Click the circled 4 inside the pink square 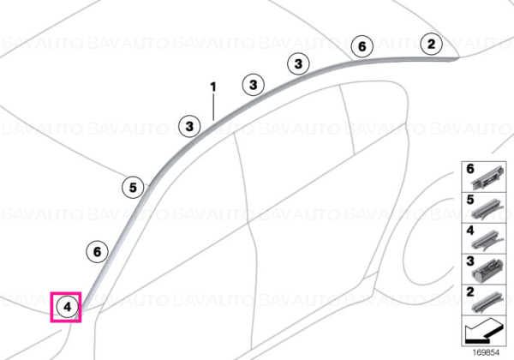point(67,307)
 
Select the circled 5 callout point(133,187)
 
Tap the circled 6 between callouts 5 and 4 point(97,252)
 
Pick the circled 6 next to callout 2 point(362,46)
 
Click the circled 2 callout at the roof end point(432,44)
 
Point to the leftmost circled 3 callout point(189,126)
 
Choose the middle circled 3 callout point(253,85)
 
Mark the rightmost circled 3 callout point(298,63)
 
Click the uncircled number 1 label point(213,87)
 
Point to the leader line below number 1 point(213,107)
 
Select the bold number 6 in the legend point(470,169)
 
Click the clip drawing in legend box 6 point(487,178)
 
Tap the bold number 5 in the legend point(470,200)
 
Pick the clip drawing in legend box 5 point(487,210)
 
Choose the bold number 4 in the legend point(470,231)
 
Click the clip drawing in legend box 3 point(488,271)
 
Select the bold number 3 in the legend point(470,261)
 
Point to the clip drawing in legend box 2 point(487,302)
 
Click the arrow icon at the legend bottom point(483,331)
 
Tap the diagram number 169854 point(486,352)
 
